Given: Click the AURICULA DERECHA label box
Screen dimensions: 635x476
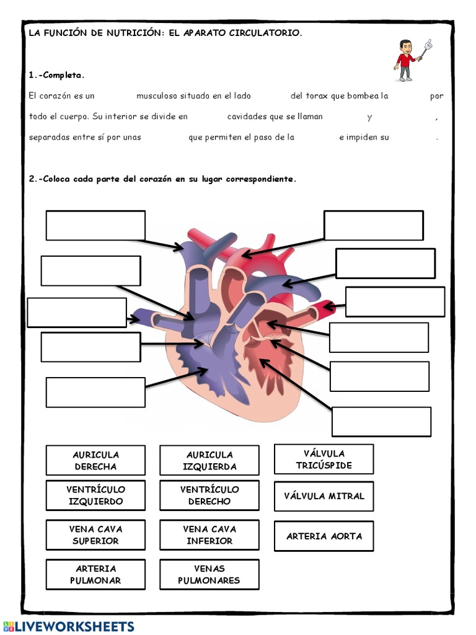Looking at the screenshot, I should (95, 460).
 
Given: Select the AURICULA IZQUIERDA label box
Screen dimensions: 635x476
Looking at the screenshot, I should (209, 460).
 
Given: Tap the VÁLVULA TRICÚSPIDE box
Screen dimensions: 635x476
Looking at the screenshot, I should (324, 459).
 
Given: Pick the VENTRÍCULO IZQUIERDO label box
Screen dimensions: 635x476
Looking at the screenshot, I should (95, 495).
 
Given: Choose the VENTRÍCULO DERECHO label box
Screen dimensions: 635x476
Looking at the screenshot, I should (209, 495).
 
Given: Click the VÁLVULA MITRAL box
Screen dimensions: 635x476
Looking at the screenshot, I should (324, 496).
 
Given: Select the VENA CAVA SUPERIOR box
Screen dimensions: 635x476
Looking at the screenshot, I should (95, 535).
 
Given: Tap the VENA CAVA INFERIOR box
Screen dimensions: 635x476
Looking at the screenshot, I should (209, 535).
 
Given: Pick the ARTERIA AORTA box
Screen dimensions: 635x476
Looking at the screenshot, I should (324, 536).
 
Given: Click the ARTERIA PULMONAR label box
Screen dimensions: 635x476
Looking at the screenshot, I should (95, 574).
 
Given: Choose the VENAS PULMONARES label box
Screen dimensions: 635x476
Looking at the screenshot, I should (209, 574).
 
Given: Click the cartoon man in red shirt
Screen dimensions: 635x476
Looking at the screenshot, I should (406, 61).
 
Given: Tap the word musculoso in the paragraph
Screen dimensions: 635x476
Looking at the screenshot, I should (157, 96).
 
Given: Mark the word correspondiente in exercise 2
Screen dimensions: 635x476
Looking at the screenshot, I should (260, 179).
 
